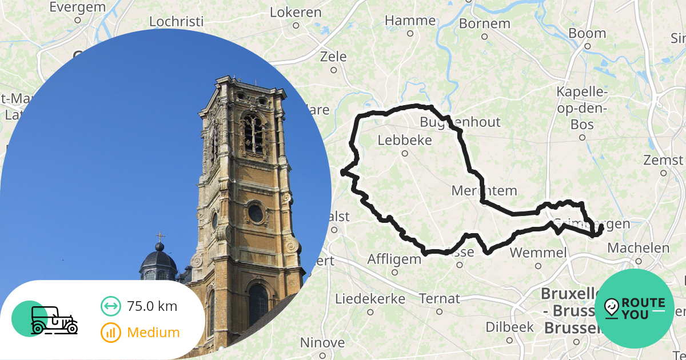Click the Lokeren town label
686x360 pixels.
point(296,12)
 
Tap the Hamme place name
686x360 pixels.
point(410,21)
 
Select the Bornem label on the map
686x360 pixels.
point(484,24)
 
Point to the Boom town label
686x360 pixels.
point(587,33)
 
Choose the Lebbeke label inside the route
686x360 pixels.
point(405,141)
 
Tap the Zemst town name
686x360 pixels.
point(663,159)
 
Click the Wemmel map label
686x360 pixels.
point(538,253)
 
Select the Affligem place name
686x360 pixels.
point(394,259)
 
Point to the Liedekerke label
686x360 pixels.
point(370,299)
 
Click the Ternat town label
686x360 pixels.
point(439,299)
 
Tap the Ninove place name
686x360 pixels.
point(322,343)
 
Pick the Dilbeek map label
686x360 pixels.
point(509,327)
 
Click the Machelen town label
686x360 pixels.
point(638,248)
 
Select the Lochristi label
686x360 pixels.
point(176,22)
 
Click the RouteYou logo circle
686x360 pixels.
point(634,309)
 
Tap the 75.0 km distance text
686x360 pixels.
point(152,306)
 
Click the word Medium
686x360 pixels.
point(153,333)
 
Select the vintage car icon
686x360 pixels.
point(54,320)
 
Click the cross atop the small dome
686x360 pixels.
point(160,236)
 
